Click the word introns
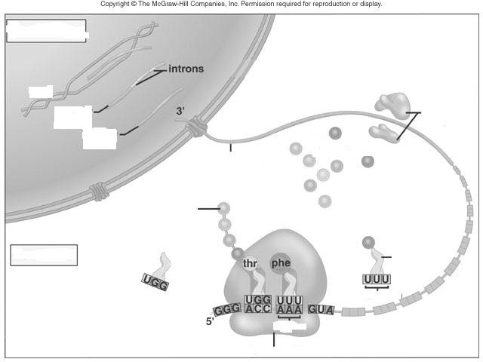click(186, 69)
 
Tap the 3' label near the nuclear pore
click(180, 111)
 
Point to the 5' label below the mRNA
click(210, 321)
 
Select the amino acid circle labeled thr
click(250, 263)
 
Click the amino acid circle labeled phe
click(280, 263)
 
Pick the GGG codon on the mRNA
click(227, 309)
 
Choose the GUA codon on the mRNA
click(321, 309)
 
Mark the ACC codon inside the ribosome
click(258, 308)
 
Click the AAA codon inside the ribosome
click(289, 309)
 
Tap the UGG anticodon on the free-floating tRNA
click(155, 282)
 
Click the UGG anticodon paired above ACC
click(258, 299)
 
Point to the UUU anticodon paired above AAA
click(289, 300)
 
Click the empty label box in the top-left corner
click(46, 31)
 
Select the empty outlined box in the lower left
click(44, 255)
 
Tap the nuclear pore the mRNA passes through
click(196, 127)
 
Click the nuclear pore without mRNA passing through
click(99, 191)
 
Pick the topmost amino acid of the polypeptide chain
click(224, 208)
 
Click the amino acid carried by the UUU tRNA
click(368, 243)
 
